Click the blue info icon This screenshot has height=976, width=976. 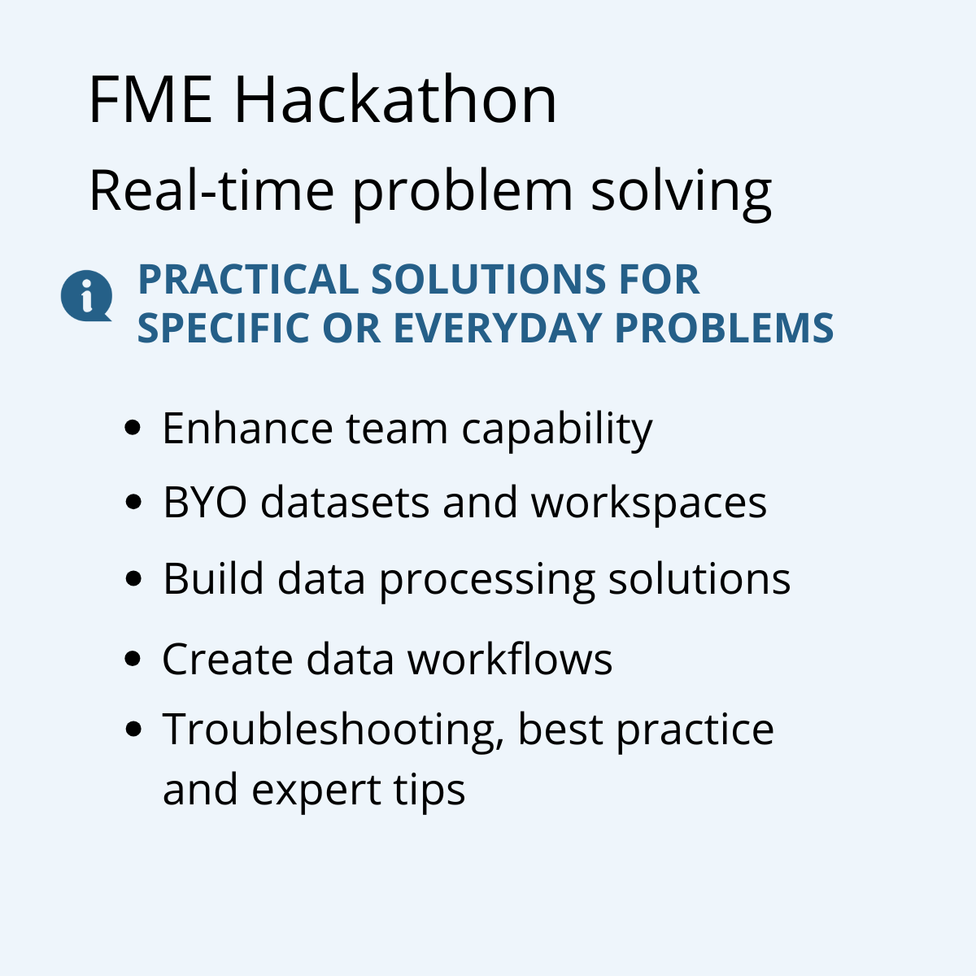click(85, 295)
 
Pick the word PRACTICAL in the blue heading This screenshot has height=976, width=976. click(247, 280)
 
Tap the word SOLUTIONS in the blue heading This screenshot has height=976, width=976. click(487, 280)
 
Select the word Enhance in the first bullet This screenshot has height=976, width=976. click(247, 429)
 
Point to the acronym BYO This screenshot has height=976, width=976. click(204, 503)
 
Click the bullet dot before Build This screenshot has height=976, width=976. click(134, 579)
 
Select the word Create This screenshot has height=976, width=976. click(227, 659)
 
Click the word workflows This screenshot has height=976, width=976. click(509, 659)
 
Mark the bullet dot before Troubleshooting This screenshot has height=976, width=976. click(134, 729)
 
